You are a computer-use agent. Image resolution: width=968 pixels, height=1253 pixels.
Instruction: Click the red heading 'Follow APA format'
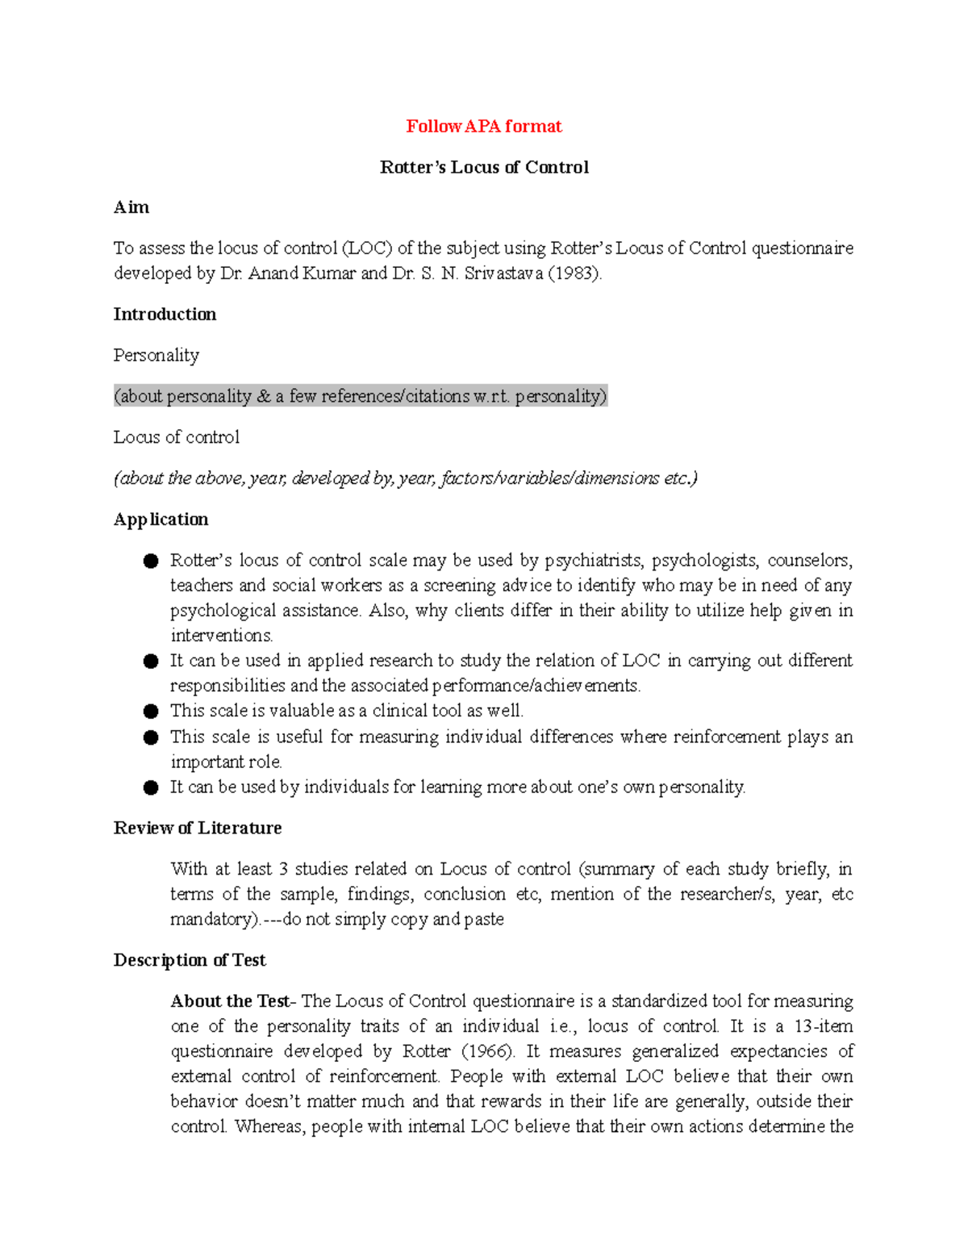[483, 126]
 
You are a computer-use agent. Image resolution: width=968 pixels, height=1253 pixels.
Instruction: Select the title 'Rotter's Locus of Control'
[484, 167]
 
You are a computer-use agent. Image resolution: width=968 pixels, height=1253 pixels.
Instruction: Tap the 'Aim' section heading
[131, 207]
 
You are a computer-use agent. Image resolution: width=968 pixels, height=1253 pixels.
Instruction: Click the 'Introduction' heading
[165, 314]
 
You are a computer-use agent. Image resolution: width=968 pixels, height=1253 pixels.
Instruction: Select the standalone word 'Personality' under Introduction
[156, 355]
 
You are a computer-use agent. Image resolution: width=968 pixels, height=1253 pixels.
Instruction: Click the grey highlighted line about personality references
[360, 396]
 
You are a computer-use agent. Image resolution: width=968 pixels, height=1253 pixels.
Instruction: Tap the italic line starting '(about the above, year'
[405, 478]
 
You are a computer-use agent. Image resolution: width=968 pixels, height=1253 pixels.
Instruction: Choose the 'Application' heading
[161, 519]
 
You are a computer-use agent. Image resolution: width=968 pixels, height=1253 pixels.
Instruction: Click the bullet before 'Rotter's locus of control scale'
[151, 562]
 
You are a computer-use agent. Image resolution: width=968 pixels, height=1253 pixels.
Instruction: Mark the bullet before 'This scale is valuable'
[151, 712]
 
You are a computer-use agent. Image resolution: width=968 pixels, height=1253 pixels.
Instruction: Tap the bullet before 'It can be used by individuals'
[151, 788]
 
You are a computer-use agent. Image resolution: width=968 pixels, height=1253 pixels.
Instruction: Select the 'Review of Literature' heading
[198, 828]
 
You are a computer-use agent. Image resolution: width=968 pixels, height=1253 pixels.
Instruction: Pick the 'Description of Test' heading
[190, 960]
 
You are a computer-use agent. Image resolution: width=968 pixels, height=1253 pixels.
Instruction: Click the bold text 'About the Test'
[230, 1001]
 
